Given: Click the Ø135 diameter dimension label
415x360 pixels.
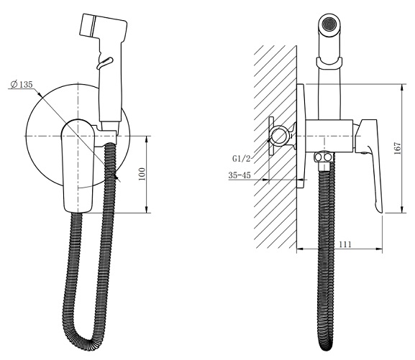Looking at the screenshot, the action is (22, 84).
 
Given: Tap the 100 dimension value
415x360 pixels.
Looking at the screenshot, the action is (142, 174).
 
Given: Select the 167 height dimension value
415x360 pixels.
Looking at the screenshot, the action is (398, 149).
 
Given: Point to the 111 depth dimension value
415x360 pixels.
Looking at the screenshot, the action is (345, 244).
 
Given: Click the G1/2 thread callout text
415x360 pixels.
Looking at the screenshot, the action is (241, 159).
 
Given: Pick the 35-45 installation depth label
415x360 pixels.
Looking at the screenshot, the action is (240, 175).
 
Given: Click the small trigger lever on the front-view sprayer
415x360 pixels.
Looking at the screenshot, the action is (105, 63).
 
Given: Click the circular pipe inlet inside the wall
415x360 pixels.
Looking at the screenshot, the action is (279, 136).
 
